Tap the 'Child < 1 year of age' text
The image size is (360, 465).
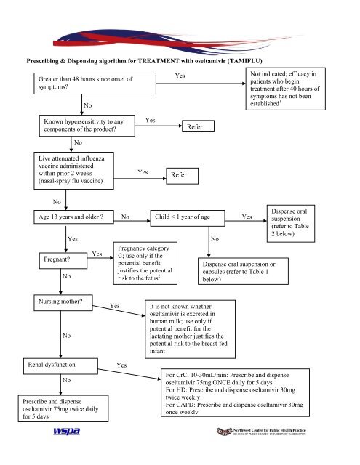[x=183, y=216]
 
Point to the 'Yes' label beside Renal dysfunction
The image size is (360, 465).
[x=122, y=365]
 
